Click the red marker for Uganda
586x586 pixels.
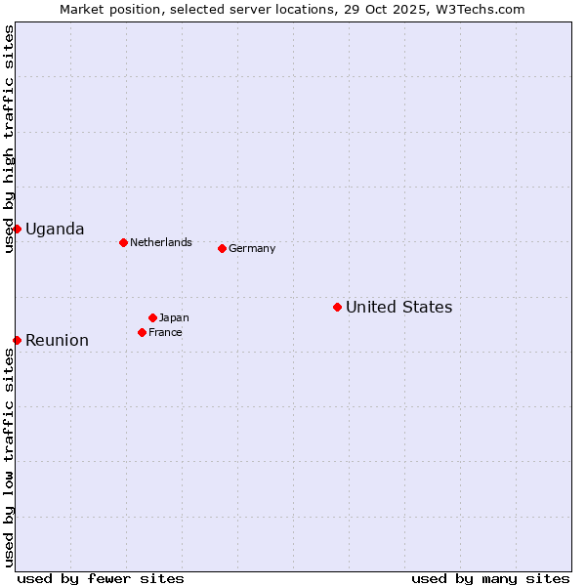tap(17, 229)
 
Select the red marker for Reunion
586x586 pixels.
tap(17, 340)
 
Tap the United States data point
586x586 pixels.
tap(337, 307)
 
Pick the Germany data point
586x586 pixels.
tap(222, 248)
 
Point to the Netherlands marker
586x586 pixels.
tap(123, 242)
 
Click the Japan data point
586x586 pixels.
tap(152, 317)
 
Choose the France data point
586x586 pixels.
tap(142, 332)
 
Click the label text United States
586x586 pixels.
tap(398, 307)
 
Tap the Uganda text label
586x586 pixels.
tap(55, 229)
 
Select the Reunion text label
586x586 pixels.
tap(57, 340)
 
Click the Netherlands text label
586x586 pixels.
tap(161, 242)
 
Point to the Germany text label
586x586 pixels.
tap(252, 248)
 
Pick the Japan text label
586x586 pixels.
tap(174, 317)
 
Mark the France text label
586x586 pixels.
tap(165, 332)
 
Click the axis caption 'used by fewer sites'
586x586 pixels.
tap(101, 578)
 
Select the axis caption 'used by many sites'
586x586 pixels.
tap(490, 578)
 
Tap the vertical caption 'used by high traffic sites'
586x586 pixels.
tap(9, 139)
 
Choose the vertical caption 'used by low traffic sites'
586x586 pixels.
tap(9, 457)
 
